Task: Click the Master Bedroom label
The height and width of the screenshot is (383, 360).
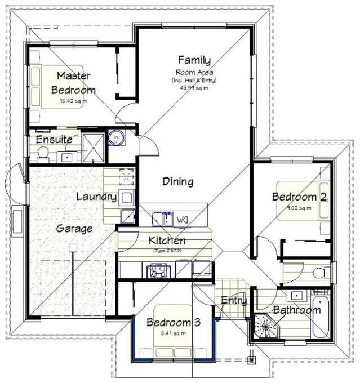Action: click(x=73, y=83)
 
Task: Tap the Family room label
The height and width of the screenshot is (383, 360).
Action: click(x=194, y=60)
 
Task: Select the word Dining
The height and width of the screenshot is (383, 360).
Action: click(x=178, y=181)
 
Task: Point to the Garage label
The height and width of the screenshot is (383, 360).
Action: click(x=74, y=229)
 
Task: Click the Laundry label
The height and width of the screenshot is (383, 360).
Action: click(x=96, y=197)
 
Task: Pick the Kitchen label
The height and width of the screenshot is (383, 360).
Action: click(x=167, y=241)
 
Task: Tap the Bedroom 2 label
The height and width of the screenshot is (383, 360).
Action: click(x=299, y=197)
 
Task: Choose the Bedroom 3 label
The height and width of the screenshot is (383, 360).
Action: click(x=174, y=322)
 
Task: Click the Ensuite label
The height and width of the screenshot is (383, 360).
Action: click(x=54, y=139)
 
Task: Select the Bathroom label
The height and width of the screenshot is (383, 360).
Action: click(x=297, y=310)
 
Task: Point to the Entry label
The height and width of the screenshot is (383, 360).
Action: click(x=233, y=300)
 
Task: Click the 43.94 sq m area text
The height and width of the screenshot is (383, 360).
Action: click(x=194, y=87)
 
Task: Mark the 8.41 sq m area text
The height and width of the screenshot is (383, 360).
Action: click(x=172, y=333)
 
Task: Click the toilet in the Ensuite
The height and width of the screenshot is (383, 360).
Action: click(x=42, y=153)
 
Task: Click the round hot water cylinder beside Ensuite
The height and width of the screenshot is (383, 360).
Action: click(x=116, y=137)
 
